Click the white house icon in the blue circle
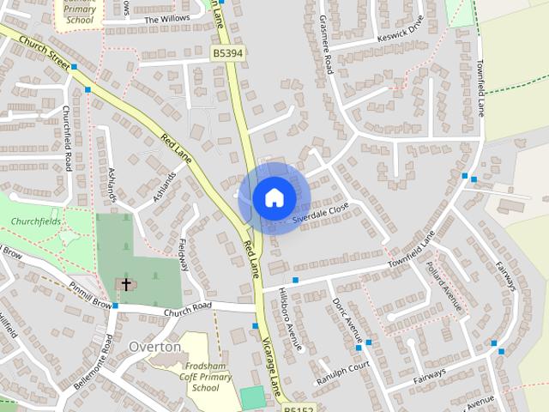point(274,197)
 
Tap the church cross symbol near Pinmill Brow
point(126,283)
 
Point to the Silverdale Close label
point(321,214)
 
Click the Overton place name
point(154,347)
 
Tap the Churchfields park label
point(38,221)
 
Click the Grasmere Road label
point(325,44)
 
